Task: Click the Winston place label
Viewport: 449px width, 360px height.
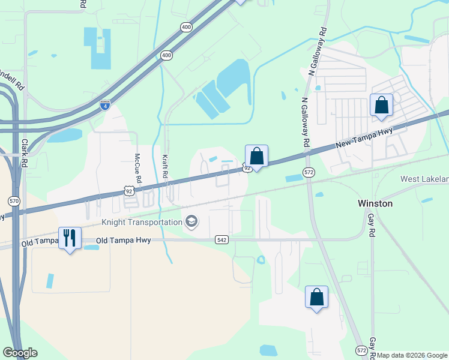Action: click(375, 203)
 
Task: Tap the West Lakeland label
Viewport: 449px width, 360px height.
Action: click(425, 179)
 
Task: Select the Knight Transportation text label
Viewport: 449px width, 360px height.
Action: click(142, 223)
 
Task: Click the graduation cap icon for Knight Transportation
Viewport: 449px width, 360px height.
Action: click(191, 223)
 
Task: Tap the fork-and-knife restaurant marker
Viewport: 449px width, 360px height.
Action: click(70, 238)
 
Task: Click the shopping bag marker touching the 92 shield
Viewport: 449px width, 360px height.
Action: click(256, 157)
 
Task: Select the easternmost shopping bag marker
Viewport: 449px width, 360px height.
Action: click(381, 106)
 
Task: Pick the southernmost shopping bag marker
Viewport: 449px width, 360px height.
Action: click(317, 298)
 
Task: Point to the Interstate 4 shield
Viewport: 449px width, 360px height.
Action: click(105, 105)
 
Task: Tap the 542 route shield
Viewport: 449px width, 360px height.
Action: click(222, 240)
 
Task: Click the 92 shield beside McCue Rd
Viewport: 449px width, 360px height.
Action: click(128, 190)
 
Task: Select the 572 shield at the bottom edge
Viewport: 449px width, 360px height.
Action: click(361, 350)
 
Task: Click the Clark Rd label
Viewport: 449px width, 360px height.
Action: click(25, 152)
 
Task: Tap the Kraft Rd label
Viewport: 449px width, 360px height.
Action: click(164, 167)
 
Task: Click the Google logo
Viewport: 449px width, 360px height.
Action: click(20, 353)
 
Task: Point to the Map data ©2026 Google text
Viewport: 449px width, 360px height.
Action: click(412, 355)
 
